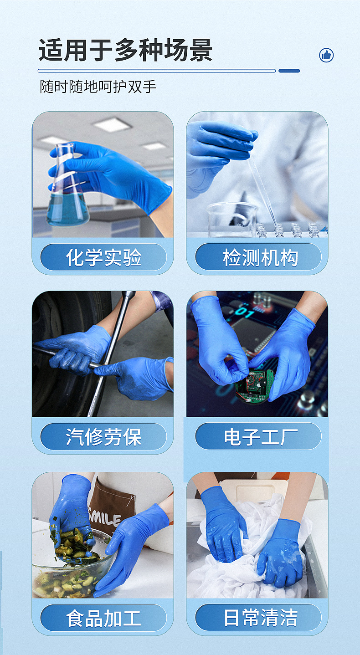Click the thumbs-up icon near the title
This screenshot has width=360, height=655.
coord(326,56)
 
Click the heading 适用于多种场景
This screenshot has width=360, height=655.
coord(125,50)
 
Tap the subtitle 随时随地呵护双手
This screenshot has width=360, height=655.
coord(98,86)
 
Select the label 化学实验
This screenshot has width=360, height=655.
coord(103,257)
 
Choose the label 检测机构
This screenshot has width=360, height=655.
coord(258,257)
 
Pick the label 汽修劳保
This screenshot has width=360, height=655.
coord(103,437)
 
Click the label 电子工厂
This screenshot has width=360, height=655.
coord(258,437)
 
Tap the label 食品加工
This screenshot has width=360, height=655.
coord(103,618)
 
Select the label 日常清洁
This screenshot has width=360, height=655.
coord(258,618)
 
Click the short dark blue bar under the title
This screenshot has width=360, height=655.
coord(289,71)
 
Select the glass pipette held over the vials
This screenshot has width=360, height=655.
coord(262,187)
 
